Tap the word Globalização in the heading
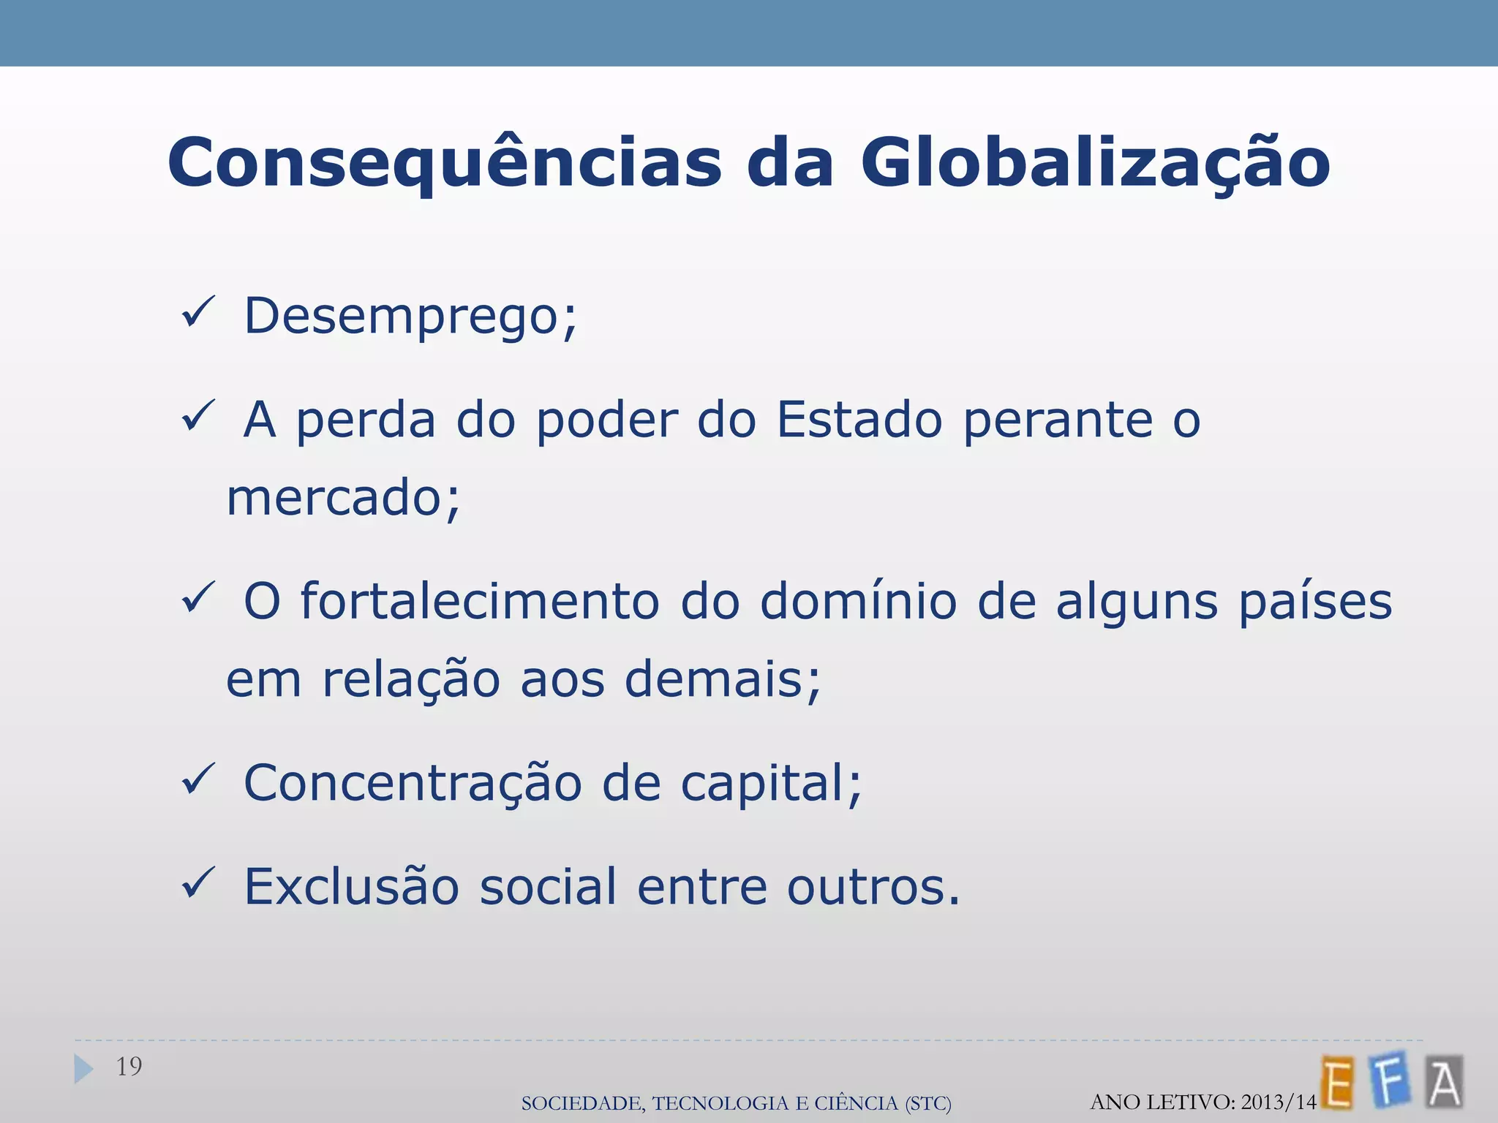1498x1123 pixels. pos(1095,163)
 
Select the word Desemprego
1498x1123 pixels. pos(410,317)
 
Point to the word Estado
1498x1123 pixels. pos(859,420)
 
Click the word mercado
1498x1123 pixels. pos(343,498)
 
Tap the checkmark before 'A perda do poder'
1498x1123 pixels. pos(197,416)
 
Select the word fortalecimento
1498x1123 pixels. pos(480,602)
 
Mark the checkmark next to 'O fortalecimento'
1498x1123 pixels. pos(197,597)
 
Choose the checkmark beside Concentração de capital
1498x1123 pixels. pos(197,779)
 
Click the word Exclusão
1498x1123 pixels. pos(351,887)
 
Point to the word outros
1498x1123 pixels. pos(873,887)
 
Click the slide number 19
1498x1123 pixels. pos(129,1067)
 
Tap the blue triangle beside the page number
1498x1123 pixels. pos(83,1069)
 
